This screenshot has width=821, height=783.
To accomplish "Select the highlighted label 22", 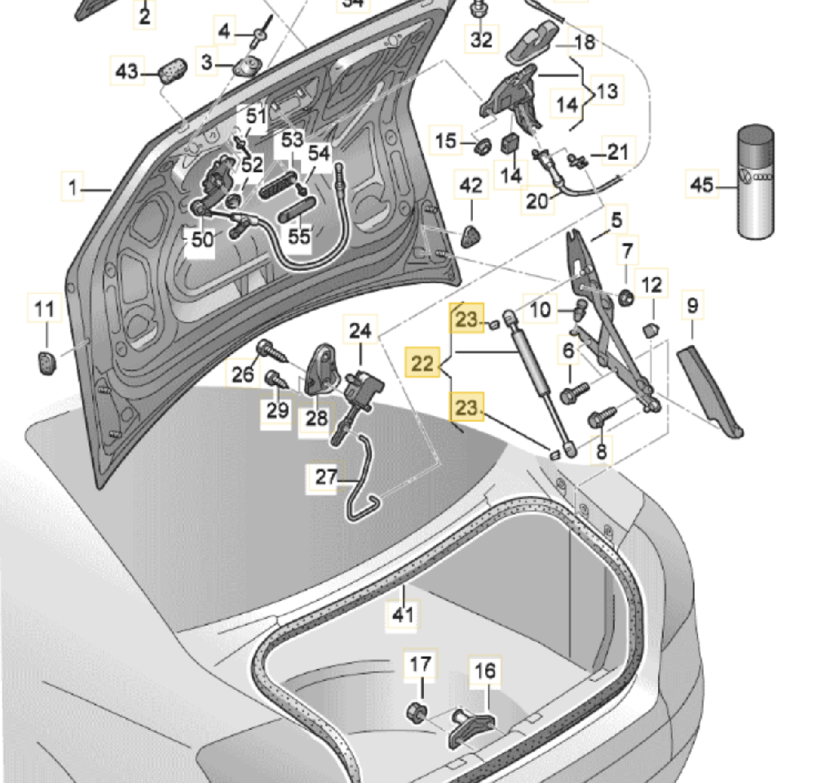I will [x=422, y=365].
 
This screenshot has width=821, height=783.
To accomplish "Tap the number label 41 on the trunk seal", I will [x=404, y=613].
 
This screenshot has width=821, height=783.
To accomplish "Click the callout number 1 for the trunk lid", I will [x=73, y=189].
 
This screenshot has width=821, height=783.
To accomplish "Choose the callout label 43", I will [x=126, y=72].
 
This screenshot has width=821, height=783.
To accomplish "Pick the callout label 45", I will [x=701, y=185].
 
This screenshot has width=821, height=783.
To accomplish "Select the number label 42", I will [x=471, y=187].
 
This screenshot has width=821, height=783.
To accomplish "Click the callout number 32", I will [x=482, y=38].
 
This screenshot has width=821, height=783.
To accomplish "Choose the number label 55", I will [x=300, y=236].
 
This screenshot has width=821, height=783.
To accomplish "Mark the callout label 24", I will [x=360, y=331].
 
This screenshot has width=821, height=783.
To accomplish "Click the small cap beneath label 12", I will [x=651, y=331].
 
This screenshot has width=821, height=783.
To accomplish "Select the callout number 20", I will [x=537, y=200].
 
